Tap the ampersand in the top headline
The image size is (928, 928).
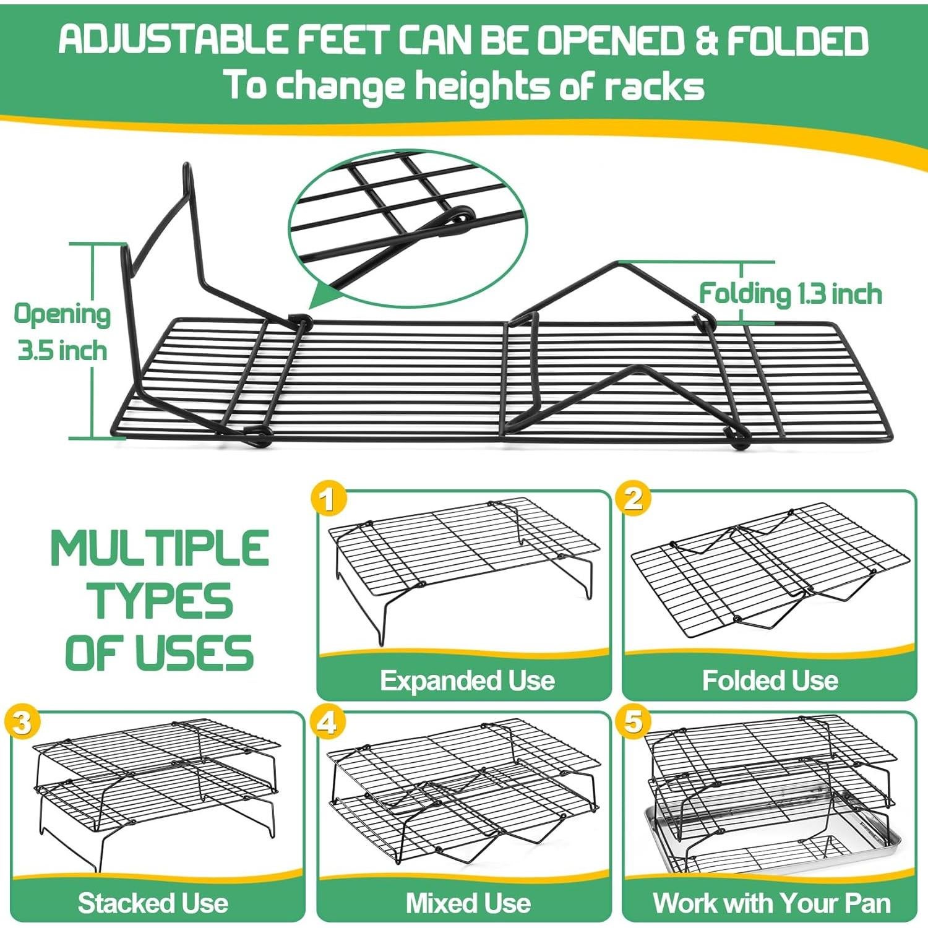point(705,41)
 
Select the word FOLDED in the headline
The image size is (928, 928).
point(798,41)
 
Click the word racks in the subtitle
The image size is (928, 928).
point(654,87)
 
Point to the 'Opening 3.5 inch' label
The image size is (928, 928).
point(62,332)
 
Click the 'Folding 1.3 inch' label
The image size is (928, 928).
point(790,293)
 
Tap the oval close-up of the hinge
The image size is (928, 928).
point(407,229)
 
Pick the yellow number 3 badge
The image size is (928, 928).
point(22,722)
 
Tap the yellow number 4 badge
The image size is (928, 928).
point(328,722)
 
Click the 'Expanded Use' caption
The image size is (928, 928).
point(467,681)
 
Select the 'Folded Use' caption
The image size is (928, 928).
point(770,681)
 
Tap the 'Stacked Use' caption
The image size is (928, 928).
point(153,903)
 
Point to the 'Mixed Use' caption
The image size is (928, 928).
point(468,903)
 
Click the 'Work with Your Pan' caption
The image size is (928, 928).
point(771,903)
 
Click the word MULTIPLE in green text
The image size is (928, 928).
point(160,549)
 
